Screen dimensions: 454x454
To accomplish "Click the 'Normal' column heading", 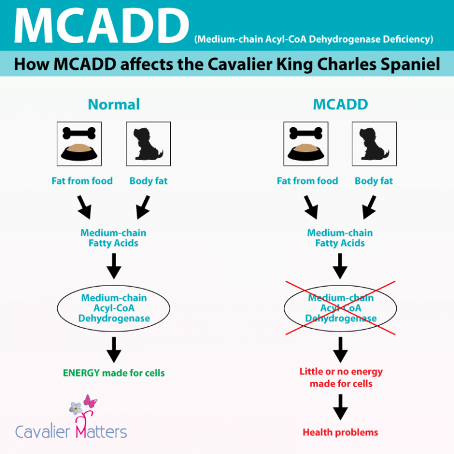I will tap(113, 105).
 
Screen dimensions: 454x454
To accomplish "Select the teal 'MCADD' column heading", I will tap(340, 105).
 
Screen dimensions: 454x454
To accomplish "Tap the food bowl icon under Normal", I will tap(82, 144).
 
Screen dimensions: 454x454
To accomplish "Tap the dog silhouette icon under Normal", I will tap(148, 144).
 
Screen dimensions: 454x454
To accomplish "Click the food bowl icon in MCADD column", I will tap(307, 144).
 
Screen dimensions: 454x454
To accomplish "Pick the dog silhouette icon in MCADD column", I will tap(374, 144).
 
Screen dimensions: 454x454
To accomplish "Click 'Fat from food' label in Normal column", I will tap(82, 181).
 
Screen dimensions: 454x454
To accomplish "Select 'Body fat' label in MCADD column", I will tap(374, 181).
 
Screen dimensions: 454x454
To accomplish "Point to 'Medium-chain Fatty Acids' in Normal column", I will tap(113, 238).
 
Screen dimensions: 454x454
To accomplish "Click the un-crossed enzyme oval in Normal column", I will tap(113, 308).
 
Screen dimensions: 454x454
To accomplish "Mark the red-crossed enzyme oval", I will tap(340, 308).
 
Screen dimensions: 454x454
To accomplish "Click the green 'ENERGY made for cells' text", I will tap(113, 373).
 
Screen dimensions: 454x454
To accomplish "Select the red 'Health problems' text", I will tap(340, 432).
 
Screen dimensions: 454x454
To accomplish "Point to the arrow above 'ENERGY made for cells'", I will tap(113, 351).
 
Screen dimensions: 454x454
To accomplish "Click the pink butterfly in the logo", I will tap(90, 403).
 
